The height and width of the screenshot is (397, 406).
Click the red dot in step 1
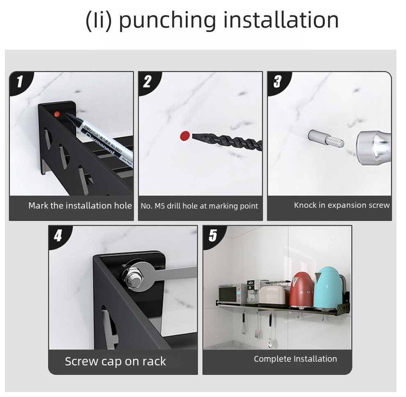coord(57,114)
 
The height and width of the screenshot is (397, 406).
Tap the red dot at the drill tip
coord(185,136)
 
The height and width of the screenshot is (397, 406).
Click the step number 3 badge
coord(278,81)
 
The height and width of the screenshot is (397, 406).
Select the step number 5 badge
coord(213,235)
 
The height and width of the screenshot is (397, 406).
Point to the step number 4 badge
coord(58,236)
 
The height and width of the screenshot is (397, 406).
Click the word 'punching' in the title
coord(167,21)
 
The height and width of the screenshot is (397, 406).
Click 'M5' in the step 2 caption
coord(160,206)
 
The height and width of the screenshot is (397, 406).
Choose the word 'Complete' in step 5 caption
coord(273,359)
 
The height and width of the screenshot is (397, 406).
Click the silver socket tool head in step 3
coord(374,148)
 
